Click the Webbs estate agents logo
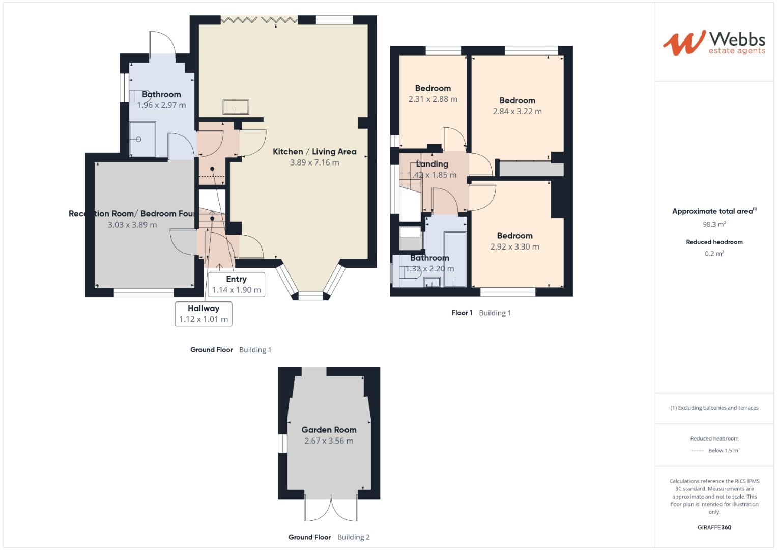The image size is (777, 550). pos(714,43)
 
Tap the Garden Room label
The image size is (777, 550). pos(329,430)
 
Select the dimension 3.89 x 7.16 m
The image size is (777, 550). pos(314,162)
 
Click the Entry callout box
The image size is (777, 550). pos(236,285)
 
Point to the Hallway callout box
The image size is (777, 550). pos(204,314)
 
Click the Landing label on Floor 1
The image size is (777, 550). pos(432,164)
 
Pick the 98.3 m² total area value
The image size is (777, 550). pos(714,224)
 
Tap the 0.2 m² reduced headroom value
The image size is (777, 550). pos(714,254)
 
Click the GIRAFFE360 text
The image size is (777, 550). pos(714,527)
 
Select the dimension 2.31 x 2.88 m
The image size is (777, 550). pos(433,99)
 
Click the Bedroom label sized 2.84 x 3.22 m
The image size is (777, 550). pos(517,100)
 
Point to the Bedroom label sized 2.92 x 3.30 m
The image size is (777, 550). pos(514,236)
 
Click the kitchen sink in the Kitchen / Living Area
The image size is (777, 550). pos(236,107)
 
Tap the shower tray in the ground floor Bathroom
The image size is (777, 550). pos(142,139)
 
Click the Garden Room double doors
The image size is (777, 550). pos(330,508)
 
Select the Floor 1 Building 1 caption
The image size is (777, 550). pos(481,313)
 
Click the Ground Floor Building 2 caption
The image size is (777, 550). pos(329,537)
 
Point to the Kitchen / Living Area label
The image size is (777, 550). pos(314,151)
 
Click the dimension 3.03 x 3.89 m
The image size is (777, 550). pos(132,225)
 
